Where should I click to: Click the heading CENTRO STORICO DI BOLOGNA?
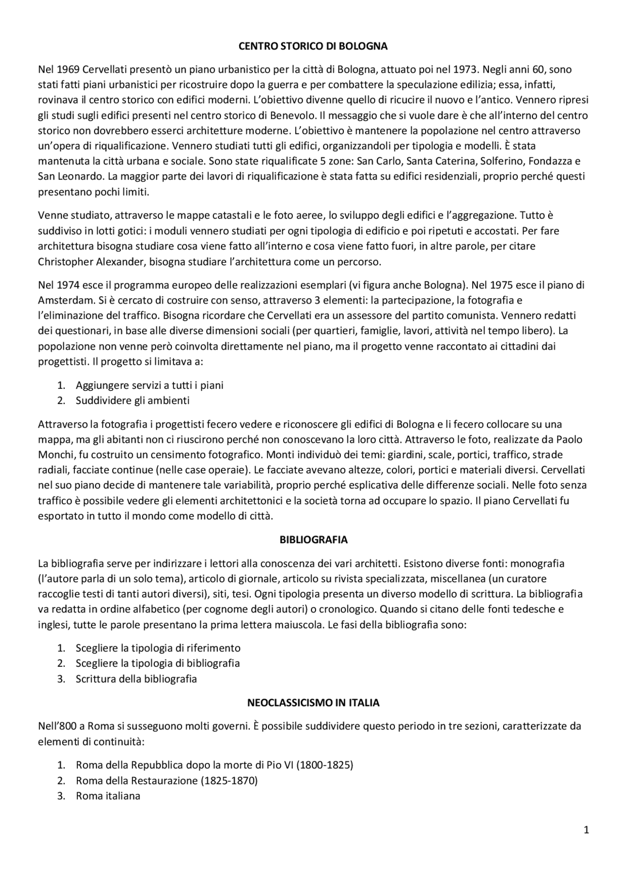coord(313,47)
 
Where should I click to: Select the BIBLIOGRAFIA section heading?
coord(313,540)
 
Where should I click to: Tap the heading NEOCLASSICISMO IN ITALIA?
coord(313,703)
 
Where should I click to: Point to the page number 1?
coord(586,830)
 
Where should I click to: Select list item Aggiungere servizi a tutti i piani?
coord(149,385)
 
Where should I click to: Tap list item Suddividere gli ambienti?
coord(132,401)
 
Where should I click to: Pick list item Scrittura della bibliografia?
coord(136,679)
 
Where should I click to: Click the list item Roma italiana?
coord(108,796)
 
